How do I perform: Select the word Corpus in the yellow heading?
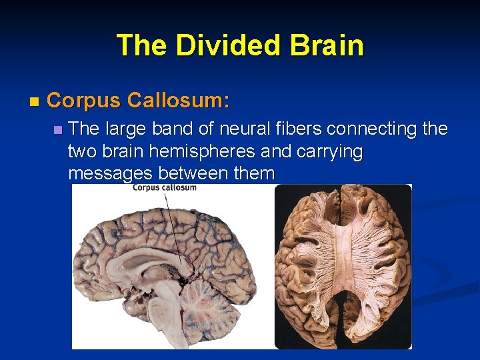[x=84, y=101]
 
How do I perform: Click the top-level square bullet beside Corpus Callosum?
[x=35, y=102]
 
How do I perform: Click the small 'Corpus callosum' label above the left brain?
[x=164, y=188]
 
